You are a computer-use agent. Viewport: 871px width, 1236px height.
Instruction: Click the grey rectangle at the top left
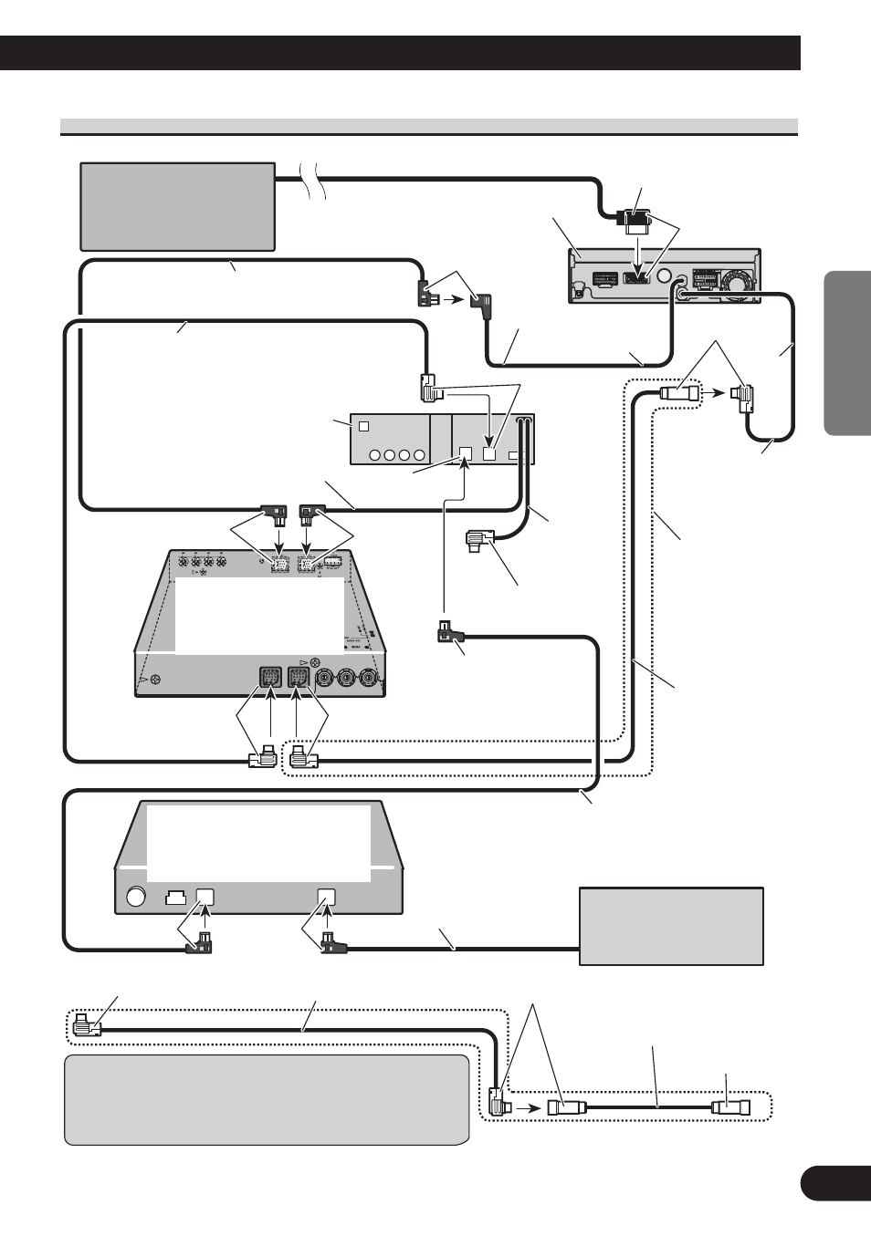[177, 206]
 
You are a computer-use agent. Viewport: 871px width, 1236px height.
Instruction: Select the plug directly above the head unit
[635, 220]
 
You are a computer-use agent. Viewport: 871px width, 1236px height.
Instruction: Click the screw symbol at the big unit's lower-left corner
[156, 679]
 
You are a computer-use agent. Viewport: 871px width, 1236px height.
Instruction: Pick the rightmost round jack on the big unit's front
[369, 678]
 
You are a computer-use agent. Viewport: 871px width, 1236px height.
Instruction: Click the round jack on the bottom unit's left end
[136, 897]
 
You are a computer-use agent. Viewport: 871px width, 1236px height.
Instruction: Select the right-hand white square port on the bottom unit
[327, 897]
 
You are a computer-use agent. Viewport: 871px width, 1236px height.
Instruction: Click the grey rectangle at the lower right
[671, 926]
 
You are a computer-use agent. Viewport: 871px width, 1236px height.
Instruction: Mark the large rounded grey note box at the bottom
[267, 1099]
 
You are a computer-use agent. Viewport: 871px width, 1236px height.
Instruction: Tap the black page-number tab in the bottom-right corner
[834, 1183]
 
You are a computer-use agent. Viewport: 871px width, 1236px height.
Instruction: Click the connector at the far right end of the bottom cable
[730, 1107]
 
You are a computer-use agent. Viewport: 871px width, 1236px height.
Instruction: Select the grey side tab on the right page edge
[847, 351]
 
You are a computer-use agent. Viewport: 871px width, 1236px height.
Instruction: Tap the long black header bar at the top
[400, 53]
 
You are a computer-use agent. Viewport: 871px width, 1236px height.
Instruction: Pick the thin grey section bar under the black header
[429, 125]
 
